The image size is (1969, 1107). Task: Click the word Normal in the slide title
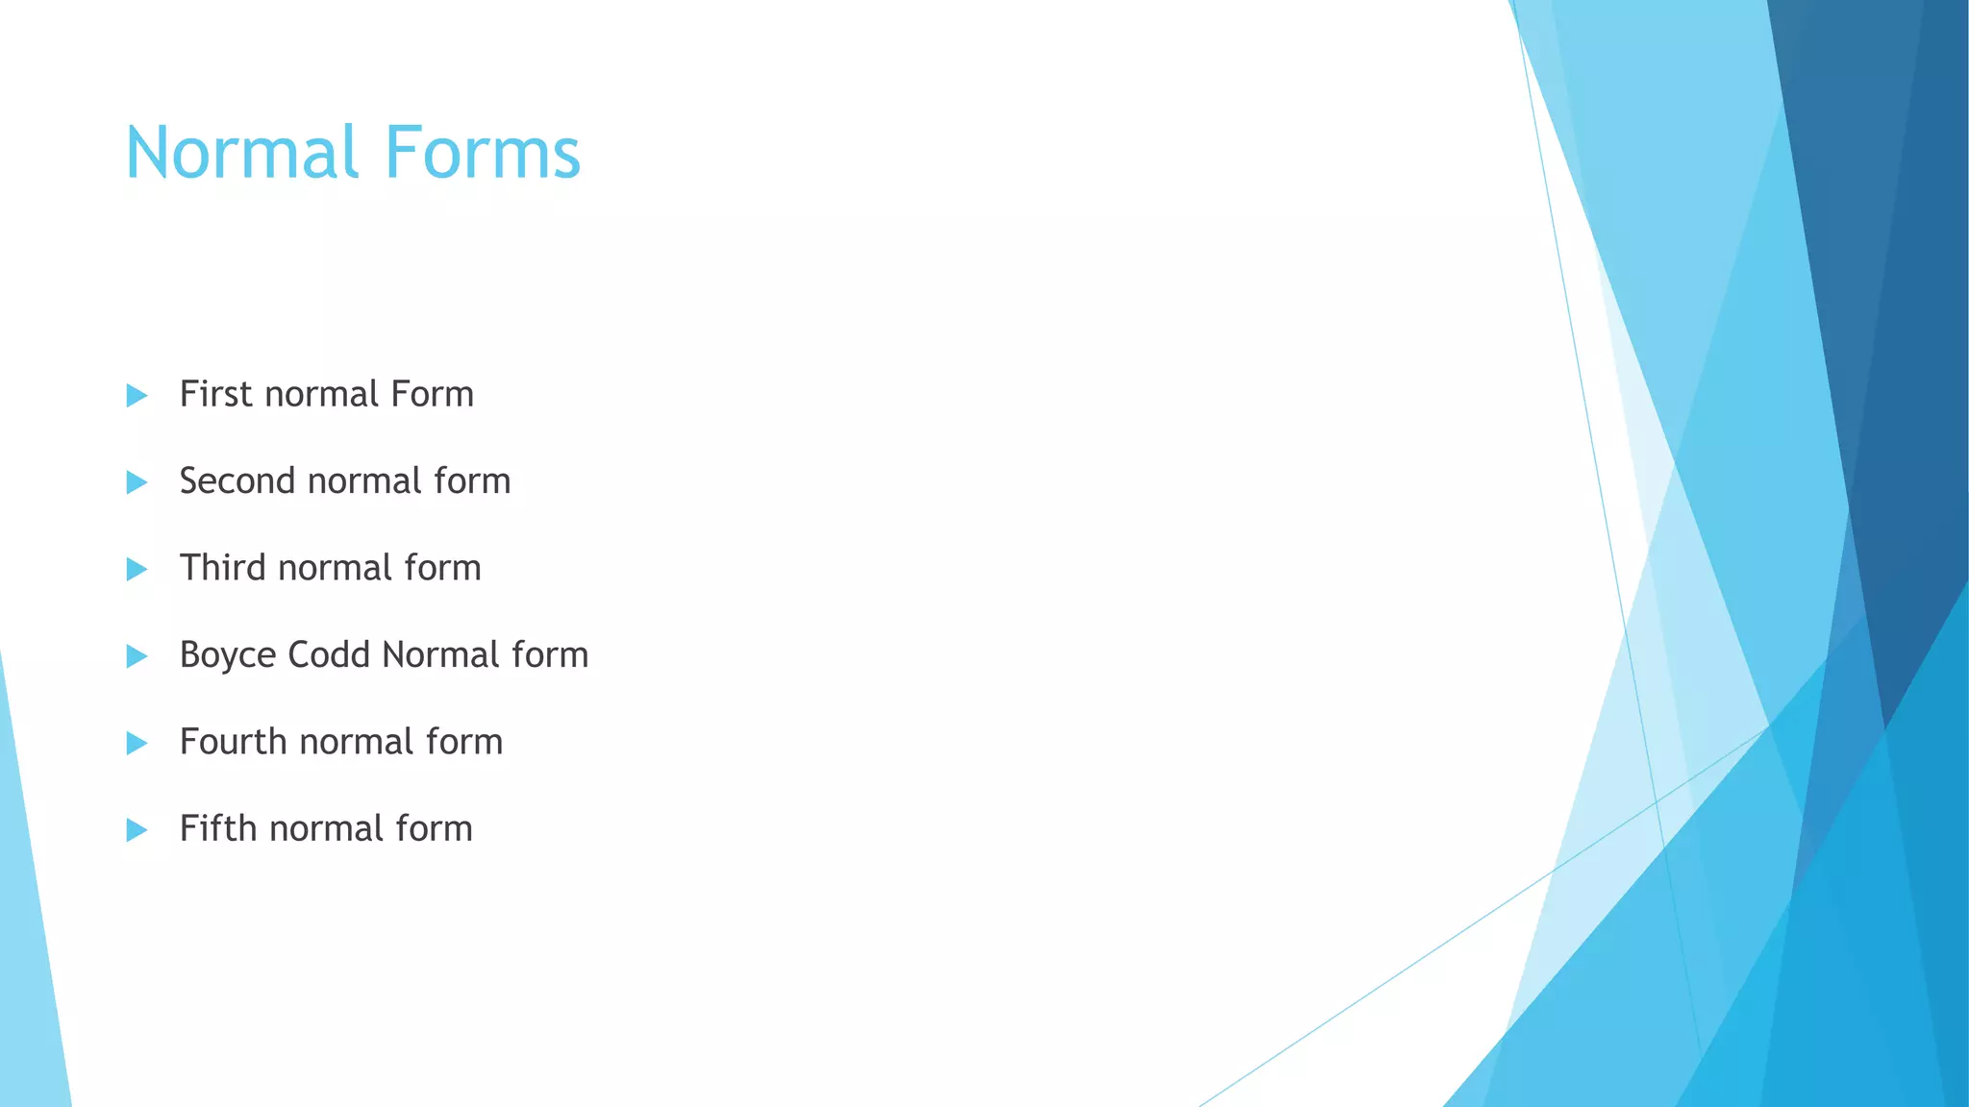[241, 154]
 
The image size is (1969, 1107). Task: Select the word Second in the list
[237, 481]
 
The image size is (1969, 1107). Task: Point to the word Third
[222, 568]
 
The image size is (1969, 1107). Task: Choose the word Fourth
[233, 742]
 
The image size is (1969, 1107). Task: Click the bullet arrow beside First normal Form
[137, 396]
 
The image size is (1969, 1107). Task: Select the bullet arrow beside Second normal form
[137, 482]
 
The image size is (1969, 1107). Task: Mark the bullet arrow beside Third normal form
[137, 569]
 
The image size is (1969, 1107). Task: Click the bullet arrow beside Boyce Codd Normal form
[137, 656]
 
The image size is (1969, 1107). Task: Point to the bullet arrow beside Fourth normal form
[137, 743]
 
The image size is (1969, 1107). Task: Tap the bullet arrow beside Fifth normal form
[137, 829]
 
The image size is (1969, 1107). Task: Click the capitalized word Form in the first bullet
[432, 395]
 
